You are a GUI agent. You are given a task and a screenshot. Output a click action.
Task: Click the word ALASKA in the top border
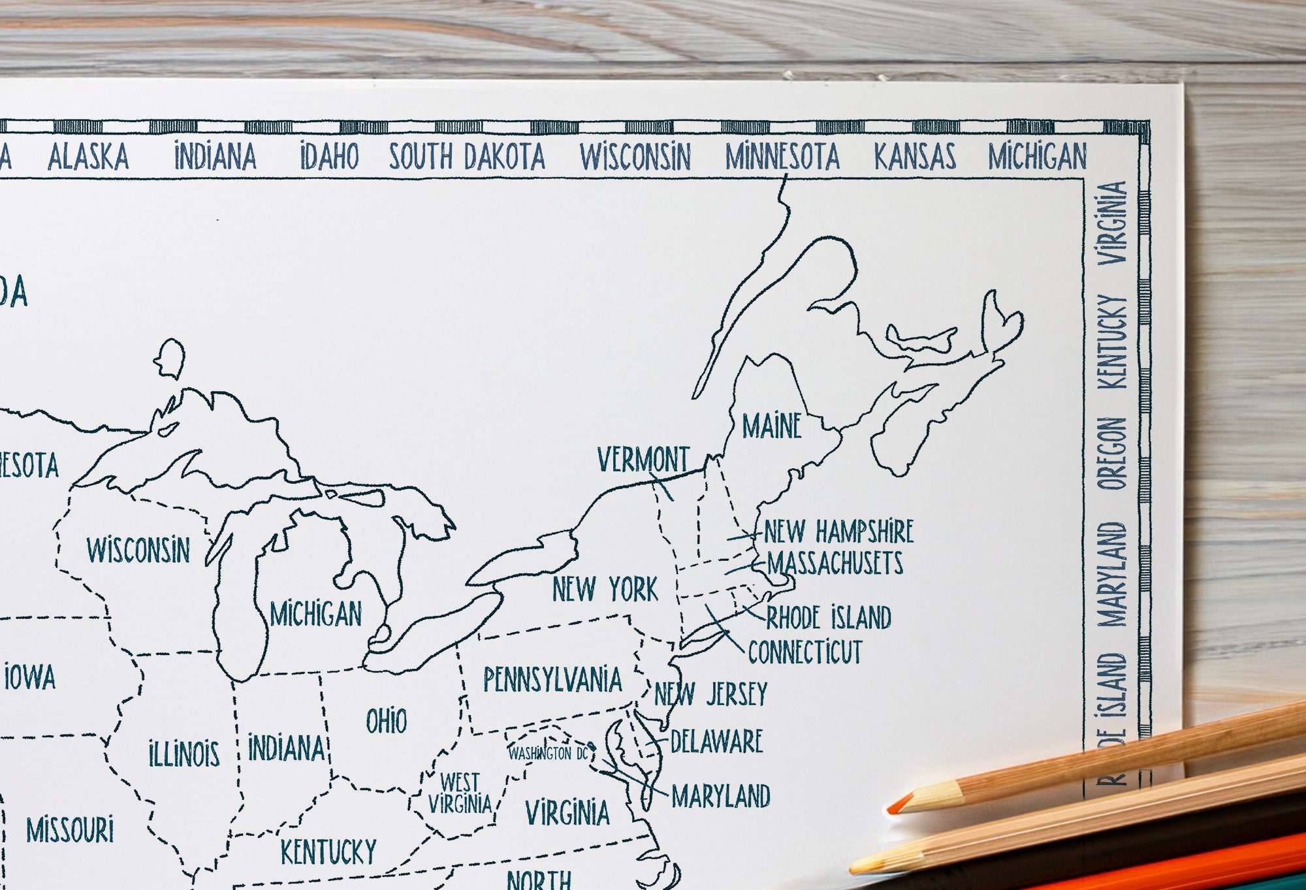pyautogui.click(x=88, y=157)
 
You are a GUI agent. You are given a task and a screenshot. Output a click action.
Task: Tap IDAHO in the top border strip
pyautogui.click(x=329, y=157)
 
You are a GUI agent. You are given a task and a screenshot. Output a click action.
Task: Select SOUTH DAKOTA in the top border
pyautogui.click(x=467, y=157)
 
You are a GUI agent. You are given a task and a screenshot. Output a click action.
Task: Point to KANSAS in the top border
pyautogui.click(x=915, y=157)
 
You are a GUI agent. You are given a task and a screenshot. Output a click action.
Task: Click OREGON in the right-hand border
pyautogui.click(x=1112, y=454)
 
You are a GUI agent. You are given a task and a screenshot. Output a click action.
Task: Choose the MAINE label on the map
pyautogui.click(x=772, y=426)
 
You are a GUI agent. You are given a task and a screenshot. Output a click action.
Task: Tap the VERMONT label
pyautogui.click(x=643, y=460)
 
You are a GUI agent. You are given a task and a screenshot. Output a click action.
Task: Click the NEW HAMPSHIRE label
pyautogui.click(x=838, y=532)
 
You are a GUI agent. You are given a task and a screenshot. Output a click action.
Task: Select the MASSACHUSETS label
pyautogui.click(x=835, y=564)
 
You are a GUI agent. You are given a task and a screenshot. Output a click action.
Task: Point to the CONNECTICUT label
pyautogui.click(x=805, y=652)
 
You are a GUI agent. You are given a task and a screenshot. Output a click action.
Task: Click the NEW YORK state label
pyautogui.click(x=605, y=590)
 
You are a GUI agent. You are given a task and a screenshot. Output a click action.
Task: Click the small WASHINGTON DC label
pyautogui.click(x=549, y=754)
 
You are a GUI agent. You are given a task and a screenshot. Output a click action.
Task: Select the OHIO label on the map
pyautogui.click(x=386, y=722)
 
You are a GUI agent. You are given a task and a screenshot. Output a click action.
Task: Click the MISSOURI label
pyautogui.click(x=70, y=831)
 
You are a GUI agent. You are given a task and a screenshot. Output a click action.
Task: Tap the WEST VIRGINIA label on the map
pyautogui.click(x=460, y=793)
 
